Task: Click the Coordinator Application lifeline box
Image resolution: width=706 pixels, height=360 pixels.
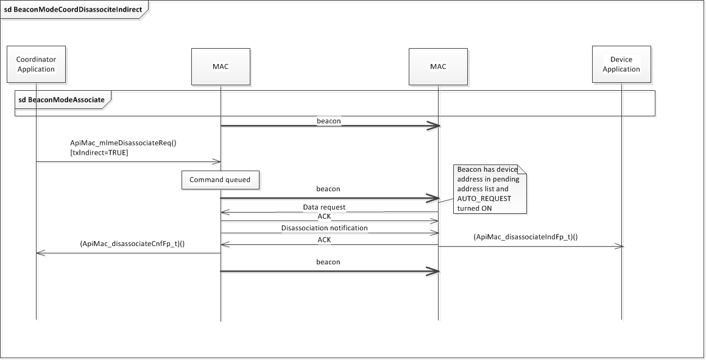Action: point(36,65)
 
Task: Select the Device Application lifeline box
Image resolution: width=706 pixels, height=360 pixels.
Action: point(621,65)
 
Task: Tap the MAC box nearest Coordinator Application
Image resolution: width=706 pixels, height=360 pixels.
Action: point(221,66)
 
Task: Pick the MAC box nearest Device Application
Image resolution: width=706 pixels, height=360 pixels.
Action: point(437,66)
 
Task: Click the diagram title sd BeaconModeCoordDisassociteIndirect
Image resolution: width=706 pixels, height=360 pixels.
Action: point(72,10)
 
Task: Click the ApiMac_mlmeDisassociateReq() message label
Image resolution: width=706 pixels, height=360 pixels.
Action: point(123,143)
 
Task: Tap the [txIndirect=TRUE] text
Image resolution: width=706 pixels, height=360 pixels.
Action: point(99,152)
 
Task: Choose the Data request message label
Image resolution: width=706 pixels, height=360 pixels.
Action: point(324,207)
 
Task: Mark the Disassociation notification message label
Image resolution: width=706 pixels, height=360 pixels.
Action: point(324,228)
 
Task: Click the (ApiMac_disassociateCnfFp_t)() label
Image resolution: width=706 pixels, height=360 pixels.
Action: point(132,244)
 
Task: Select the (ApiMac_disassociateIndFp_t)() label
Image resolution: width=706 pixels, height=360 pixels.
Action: point(525,237)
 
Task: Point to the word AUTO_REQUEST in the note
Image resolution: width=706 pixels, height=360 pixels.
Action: point(485,199)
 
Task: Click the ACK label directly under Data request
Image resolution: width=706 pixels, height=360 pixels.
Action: point(324,217)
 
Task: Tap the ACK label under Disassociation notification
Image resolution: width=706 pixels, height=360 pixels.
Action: point(324,240)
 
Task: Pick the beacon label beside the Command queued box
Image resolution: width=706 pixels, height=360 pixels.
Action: point(328,189)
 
